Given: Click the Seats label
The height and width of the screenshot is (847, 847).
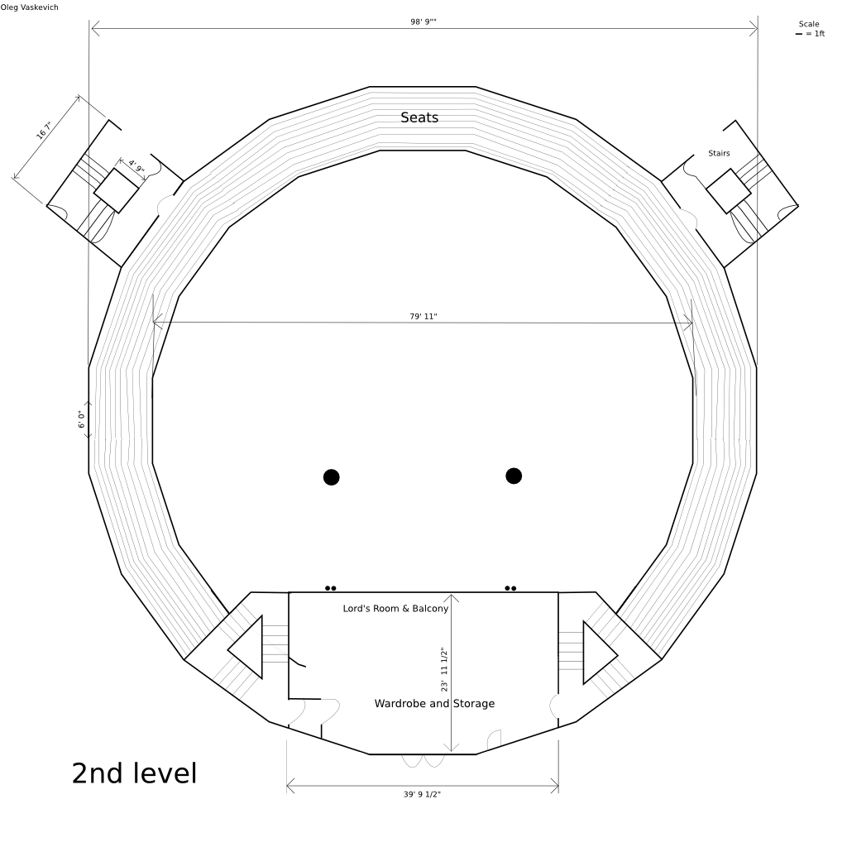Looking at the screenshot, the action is pos(419,117).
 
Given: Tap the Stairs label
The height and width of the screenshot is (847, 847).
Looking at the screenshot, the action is pos(719,153).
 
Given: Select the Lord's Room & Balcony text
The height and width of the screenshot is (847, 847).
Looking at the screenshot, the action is pos(395,608).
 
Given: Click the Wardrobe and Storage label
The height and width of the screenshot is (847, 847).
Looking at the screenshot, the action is pos(434,703).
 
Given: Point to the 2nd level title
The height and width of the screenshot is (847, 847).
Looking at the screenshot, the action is pos(135,773).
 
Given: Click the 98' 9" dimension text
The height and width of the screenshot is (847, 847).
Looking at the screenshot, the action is pos(423,22).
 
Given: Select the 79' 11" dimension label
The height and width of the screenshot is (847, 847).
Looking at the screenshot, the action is pos(423,317).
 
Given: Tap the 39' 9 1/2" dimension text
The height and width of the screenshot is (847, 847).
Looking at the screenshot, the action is pos(422,794).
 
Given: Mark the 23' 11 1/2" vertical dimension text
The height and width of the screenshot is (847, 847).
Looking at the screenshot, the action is pos(444,669).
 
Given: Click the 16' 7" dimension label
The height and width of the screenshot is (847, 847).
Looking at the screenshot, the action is pos(45,130).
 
